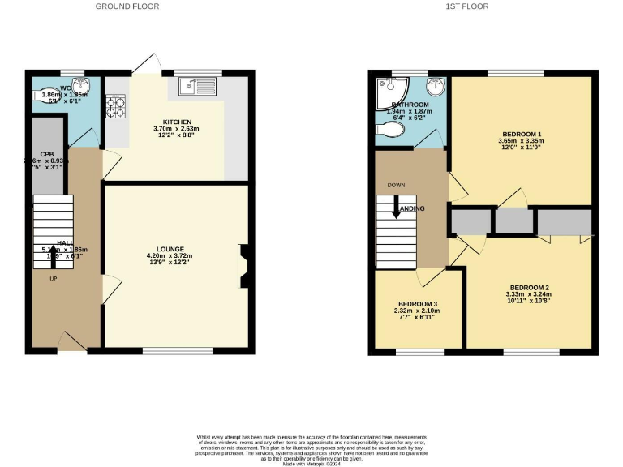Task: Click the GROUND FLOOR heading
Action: pyautogui.click(x=127, y=6)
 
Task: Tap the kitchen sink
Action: pyautogui.click(x=195, y=84)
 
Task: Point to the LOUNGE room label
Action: pyautogui.click(x=170, y=249)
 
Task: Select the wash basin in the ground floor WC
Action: pyautogui.click(x=80, y=86)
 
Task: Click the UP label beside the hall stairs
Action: pyautogui.click(x=54, y=279)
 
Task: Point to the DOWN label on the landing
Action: pyautogui.click(x=396, y=185)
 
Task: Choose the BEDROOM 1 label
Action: pyautogui.click(x=521, y=133)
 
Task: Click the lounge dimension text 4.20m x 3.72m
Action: pyautogui.click(x=170, y=256)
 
